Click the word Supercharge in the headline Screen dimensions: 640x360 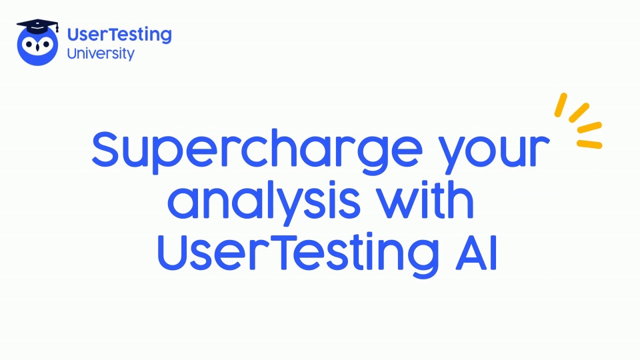pyautogui.click(x=257, y=151)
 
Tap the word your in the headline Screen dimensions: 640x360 pyautogui.click(x=495, y=154)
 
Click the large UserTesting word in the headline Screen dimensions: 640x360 pyautogui.click(x=298, y=254)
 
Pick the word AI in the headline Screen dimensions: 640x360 pyautogui.click(x=476, y=252)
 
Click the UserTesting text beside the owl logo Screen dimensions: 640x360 pyautogui.click(x=119, y=35)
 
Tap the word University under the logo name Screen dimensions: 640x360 pyautogui.click(x=101, y=54)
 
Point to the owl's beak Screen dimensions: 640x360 pyautogui.click(x=37, y=47)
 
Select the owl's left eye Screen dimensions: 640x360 pyautogui.click(x=29, y=44)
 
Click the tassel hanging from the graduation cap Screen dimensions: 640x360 pyautogui.click(x=57, y=28)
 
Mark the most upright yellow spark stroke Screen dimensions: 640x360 pyautogui.click(x=561, y=105)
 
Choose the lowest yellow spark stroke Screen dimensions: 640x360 pyautogui.click(x=589, y=144)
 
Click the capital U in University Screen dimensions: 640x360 pyautogui.click(x=72, y=53)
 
